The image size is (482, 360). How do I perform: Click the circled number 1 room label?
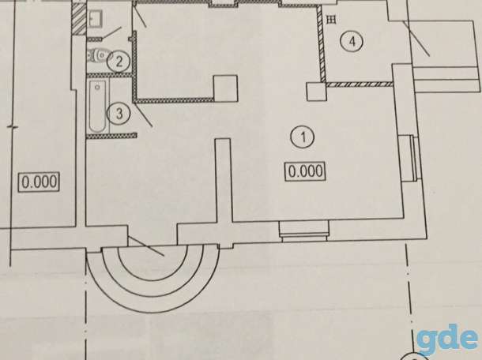coord(303,137)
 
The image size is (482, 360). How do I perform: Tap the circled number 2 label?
coord(119,62)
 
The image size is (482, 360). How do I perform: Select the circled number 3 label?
coord(119,114)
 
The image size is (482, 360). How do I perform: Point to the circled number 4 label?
coord(352,41)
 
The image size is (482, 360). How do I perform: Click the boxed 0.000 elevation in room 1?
coord(306,171)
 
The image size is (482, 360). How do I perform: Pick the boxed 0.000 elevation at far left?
coord(40,182)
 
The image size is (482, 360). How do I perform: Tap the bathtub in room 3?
coord(98,106)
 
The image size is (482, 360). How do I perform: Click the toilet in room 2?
coord(98,56)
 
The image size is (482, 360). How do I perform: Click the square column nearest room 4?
coord(316,92)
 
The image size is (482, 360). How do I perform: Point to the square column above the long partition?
coord(226,88)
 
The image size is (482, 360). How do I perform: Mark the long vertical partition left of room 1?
coord(223,180)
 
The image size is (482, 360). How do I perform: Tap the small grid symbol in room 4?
coord(331,20)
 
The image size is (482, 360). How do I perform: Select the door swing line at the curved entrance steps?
coord(145,246)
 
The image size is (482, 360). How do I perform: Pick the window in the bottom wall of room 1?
coord(304,231)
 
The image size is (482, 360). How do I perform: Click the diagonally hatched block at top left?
coord(79,18)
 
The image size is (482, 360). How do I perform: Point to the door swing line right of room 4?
coord(416,39)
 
